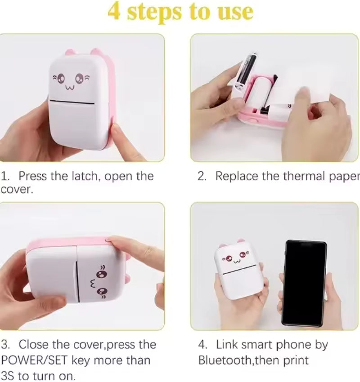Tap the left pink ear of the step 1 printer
tap(71, 53)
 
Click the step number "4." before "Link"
tap(203, 345)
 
